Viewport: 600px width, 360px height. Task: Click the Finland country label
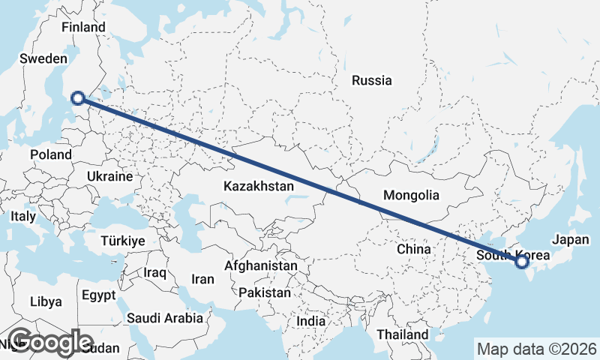point(84,27)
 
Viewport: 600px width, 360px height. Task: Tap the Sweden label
point(43,58)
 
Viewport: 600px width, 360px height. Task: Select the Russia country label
point(372,80)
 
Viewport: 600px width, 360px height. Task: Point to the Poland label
point(51,155)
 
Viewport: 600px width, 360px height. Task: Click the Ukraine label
point(110,177)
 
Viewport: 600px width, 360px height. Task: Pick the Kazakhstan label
point(258,184)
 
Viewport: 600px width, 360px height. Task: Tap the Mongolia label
point(411,196)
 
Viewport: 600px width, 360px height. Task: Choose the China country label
point(414,248)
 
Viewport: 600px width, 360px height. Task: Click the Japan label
point(571,240)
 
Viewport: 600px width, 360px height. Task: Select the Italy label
point(23,216)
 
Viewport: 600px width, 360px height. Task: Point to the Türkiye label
point(123,241)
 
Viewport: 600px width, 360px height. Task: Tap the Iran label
point(202,279)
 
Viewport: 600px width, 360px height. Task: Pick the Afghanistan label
point(261,266)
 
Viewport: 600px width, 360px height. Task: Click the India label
point(310,321)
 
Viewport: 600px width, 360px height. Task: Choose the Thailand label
point(403,334)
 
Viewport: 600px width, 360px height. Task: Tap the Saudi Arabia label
point(164,318)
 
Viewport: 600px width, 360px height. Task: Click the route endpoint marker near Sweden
point(77,97)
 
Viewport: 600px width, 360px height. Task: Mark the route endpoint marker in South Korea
point(522,262)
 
